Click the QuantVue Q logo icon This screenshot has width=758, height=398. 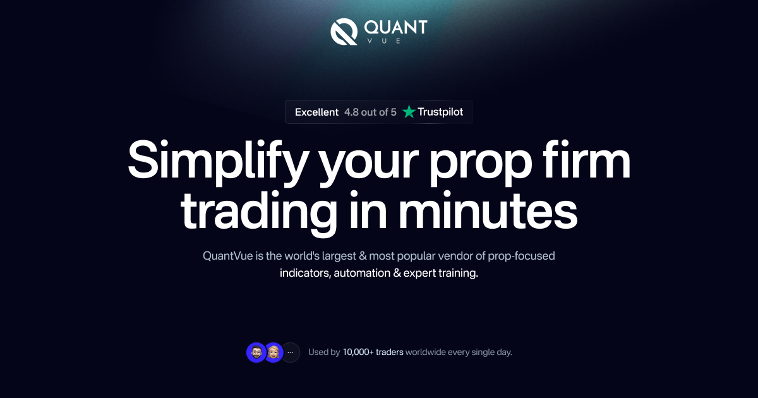tap(344, 32)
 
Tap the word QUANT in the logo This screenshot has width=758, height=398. tap(396, 27)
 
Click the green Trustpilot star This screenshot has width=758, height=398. tap(409, 112)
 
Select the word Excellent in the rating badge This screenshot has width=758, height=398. tap(316, 112)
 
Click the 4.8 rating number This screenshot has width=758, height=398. tap(351, 112)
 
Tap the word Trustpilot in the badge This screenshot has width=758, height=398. tap(440, 112)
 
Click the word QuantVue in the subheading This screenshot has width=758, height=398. tap(226, 256)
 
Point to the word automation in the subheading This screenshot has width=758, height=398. tap(362, 274)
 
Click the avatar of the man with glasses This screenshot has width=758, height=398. tap(256, 353)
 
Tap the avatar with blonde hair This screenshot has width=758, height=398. tap(274, 353)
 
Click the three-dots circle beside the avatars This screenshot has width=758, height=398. tap(291, 353)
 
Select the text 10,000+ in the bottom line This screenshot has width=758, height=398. tap(358, 353)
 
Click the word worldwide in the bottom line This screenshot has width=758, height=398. tap(426, 353)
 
